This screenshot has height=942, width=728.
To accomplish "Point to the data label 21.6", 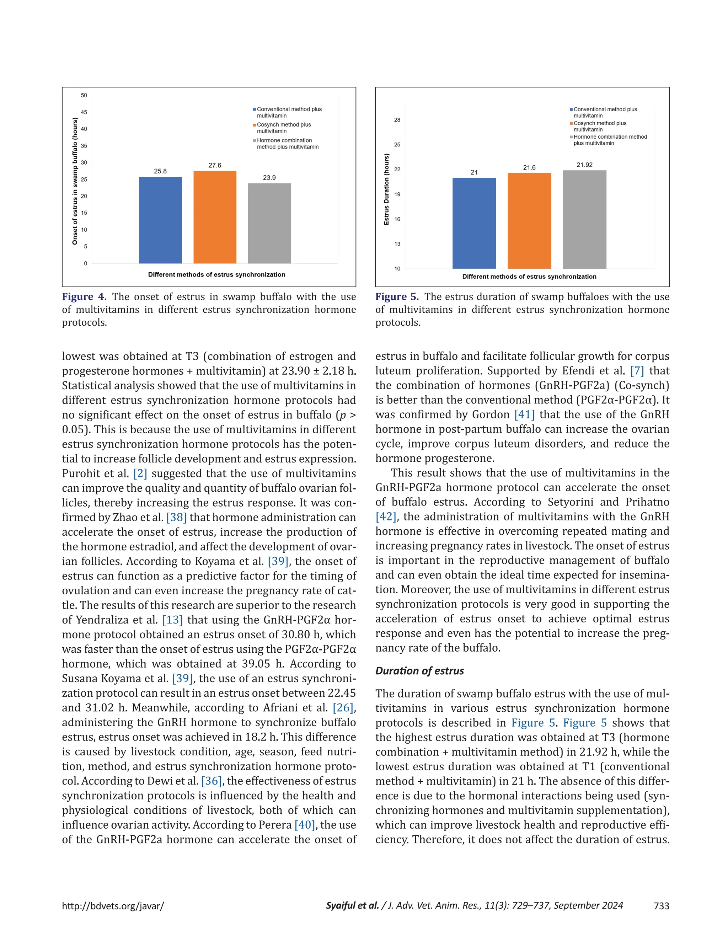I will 529,168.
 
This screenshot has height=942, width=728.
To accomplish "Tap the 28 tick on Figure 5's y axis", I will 397,120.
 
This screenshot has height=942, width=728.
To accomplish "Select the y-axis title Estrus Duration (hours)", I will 386,189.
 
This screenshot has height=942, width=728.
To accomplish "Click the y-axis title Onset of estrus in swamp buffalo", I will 75,182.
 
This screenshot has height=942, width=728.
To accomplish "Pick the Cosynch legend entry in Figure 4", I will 283,128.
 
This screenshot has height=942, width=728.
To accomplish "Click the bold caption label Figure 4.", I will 84,297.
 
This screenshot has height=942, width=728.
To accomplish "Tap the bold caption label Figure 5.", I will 397,297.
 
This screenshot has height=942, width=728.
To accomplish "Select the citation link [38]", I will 176,517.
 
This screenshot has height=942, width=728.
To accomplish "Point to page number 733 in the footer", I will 661,906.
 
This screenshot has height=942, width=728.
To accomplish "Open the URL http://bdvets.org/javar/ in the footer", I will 113,906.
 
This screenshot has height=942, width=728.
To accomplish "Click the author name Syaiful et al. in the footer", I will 352,905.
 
